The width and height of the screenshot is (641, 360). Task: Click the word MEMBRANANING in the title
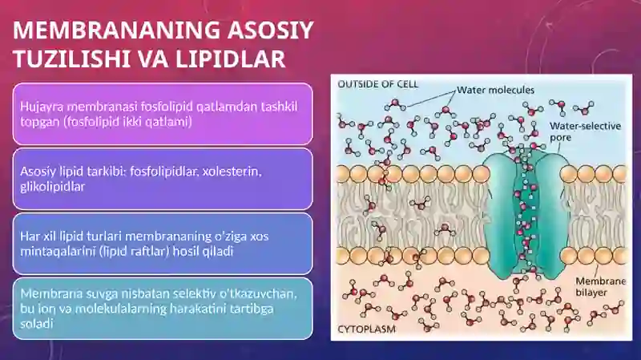coord(117,30)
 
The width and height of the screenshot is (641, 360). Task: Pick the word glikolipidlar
coord(52,187)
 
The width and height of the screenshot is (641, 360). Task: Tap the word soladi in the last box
coord(37,324)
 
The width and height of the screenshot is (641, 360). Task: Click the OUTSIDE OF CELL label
coord(377,84)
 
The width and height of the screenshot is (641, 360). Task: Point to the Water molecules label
coord(495,90)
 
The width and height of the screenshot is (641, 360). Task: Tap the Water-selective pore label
coord(586,131)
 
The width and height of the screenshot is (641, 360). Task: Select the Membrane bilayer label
coord(600,287)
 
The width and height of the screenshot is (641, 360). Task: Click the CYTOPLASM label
coord(367,330)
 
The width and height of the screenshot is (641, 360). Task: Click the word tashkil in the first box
coord(281,107)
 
